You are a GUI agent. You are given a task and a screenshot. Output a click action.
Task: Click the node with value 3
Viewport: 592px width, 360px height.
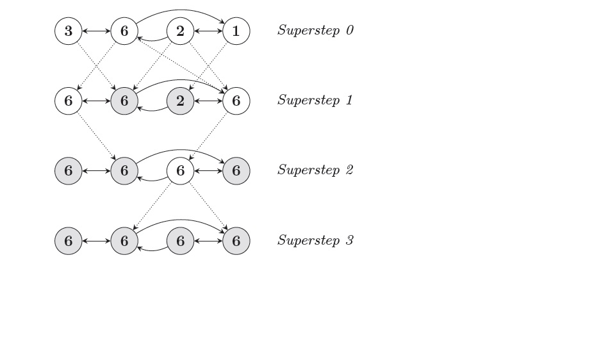(69, 31)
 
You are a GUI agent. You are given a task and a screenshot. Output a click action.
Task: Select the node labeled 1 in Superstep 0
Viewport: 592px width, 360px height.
(236, 31)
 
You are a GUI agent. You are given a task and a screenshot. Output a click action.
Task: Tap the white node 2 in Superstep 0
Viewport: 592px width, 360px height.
(180, 31)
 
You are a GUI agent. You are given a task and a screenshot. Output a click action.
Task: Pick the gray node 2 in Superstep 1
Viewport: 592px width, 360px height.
(180, 101)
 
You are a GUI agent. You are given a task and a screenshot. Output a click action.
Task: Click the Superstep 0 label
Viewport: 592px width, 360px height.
(315, 30)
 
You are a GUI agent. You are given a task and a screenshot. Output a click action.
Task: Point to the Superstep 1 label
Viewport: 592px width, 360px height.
(315, 100)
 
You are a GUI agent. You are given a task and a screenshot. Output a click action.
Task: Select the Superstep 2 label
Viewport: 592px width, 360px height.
(315, 170)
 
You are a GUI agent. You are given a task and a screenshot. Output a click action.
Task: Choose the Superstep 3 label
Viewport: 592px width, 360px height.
(315, 240)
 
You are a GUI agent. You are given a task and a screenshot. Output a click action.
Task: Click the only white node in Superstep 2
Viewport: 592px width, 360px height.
(180, 171)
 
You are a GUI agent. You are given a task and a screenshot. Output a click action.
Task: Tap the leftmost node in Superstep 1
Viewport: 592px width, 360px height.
(69, 101)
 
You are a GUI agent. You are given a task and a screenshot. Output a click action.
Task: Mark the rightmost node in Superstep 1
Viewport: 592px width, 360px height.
(236, 101)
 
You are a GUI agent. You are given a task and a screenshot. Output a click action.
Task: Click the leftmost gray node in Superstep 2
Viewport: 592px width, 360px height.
(69, 171)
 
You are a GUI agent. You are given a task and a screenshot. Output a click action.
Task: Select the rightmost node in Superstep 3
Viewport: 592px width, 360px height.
(236, 241)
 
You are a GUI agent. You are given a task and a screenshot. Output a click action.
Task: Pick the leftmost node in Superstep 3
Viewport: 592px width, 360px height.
(69, 241)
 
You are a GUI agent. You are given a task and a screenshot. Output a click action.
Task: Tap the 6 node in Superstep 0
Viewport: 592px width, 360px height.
(124, 31)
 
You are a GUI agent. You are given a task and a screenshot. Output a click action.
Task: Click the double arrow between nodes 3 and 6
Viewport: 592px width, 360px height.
(96, 31)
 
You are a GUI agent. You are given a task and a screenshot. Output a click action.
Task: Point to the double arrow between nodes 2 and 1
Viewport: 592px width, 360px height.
(208, 31)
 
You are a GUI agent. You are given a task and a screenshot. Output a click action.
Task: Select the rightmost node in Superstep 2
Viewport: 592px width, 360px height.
(236, 171)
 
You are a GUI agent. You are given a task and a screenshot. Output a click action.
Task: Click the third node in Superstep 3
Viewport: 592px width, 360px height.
(180, 241)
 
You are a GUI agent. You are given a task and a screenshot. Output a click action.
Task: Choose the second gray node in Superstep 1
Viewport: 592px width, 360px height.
(180, 101)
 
